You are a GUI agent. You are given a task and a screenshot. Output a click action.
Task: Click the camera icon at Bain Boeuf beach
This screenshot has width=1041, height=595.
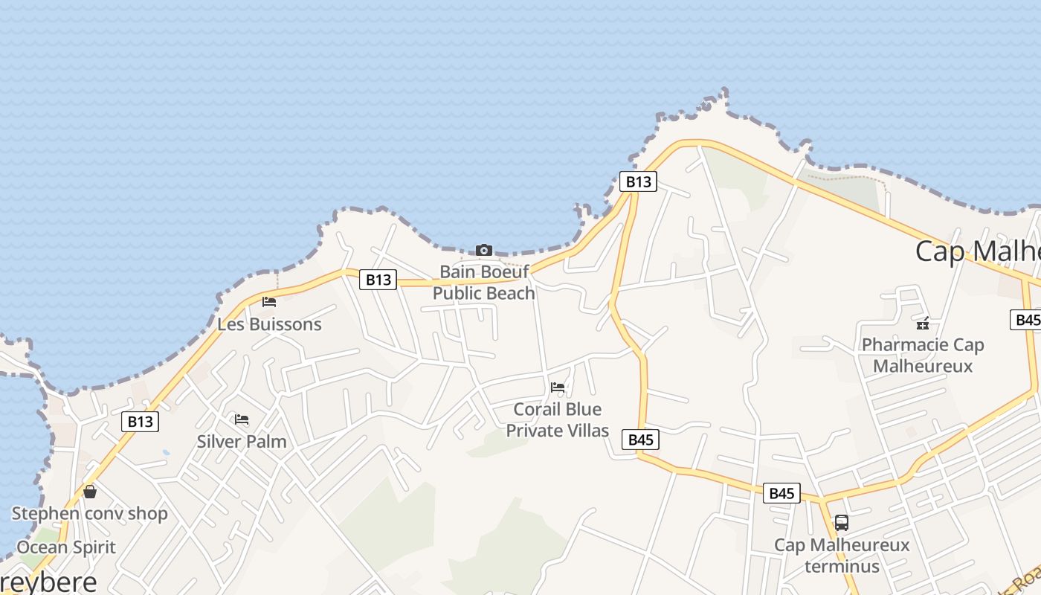484,250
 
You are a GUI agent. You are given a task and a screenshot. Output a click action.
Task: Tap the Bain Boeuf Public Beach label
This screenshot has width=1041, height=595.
484,283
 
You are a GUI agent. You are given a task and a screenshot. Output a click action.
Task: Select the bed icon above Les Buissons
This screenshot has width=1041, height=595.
269,302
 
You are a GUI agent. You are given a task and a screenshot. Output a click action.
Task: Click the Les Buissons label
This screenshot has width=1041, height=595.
269,324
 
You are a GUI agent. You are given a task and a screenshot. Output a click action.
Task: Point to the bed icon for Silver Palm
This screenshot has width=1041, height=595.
242,419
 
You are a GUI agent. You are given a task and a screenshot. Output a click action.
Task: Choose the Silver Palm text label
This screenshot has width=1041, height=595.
242,441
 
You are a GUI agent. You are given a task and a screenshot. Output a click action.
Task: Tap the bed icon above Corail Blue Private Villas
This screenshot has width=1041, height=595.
558,387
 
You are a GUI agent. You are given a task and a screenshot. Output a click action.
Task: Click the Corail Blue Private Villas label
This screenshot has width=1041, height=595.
558,419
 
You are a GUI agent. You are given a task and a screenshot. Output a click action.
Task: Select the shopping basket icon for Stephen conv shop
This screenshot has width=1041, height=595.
90,492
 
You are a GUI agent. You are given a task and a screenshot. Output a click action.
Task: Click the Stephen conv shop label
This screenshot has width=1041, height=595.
90,513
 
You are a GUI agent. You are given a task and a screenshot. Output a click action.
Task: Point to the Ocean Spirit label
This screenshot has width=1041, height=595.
66,547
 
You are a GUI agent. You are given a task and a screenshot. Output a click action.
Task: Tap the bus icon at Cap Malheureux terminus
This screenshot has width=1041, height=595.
842,523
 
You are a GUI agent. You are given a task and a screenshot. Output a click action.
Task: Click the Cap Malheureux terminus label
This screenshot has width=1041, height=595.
842,555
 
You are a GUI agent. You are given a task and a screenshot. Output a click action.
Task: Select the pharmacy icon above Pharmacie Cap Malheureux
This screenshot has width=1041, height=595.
923,324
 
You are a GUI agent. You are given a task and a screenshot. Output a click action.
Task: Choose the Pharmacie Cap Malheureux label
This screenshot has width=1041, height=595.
923,356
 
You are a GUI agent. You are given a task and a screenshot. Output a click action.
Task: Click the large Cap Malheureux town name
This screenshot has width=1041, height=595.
977,251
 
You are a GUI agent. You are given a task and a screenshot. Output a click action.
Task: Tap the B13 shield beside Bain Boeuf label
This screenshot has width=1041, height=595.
378,280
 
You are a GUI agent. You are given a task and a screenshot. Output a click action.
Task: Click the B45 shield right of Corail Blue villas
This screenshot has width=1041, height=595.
640,440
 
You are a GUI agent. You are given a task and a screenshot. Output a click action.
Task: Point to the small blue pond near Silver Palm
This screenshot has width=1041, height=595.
165,452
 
